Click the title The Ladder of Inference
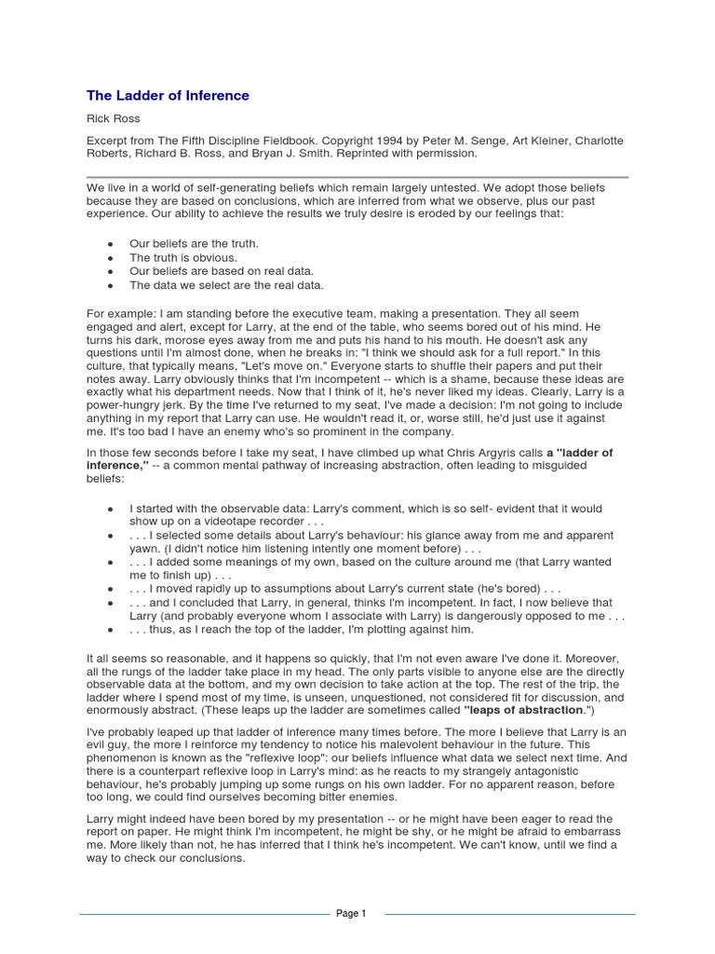pyautogui.click(x=168, y=95)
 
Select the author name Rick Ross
pyautogui.click(x=113, y=119)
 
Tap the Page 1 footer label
pyautogui.click(x=351, y=914)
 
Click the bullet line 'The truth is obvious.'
pyautogui.click(x=183, y=257)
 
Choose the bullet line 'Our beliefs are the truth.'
pyautogui.click(x=194, y=243)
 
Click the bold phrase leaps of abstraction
pyautogui.click(x=518, y=710)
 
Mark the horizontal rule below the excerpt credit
pyautogui.click(x=357, y=176)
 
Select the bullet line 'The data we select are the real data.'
pyautogui.click(x=226, y=285)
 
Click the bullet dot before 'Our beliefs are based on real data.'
pyautogui.click(x=110, y=271)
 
